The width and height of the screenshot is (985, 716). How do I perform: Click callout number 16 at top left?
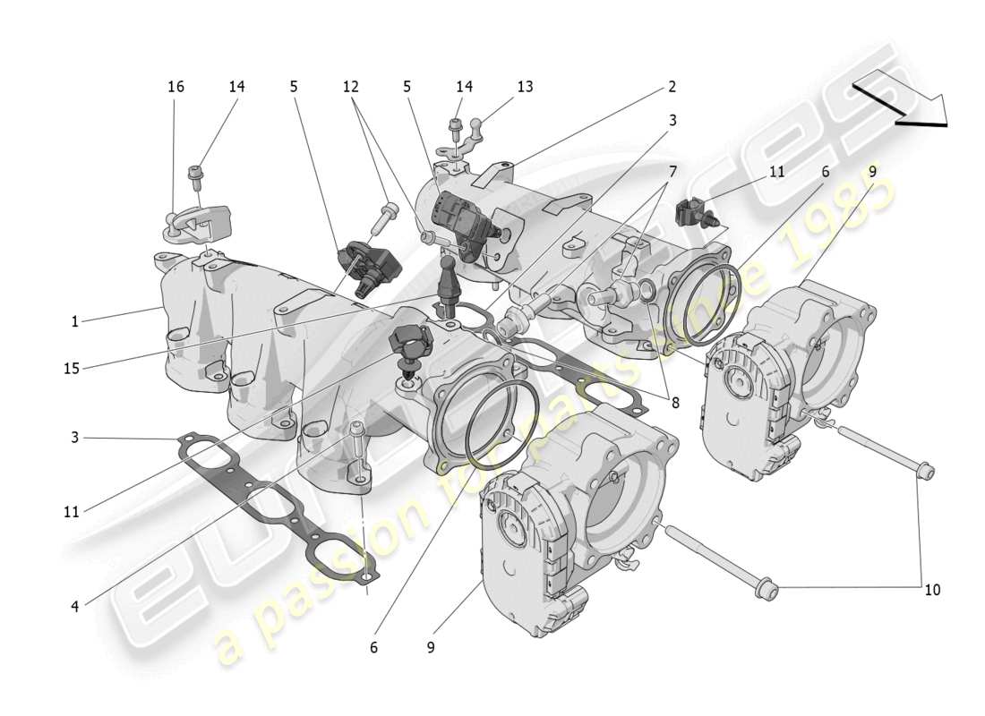[x=176, y=87]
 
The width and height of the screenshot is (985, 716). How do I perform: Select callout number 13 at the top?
[x=525, y=87]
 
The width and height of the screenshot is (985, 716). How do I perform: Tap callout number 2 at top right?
[x=671, y=87]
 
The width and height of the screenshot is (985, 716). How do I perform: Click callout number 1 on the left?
[x=75, y=320]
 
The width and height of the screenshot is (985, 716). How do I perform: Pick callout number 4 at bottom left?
[x=75, y=606]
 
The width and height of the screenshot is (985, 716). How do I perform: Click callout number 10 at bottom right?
[x=933, y=590]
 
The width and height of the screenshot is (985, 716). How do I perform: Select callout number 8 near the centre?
[x=674, y=403]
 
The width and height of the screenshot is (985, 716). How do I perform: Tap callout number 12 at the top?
[x=350, y=87]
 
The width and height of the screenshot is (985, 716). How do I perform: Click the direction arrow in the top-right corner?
[x=900, y=101]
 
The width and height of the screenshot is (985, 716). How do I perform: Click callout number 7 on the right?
[x=672, y=170]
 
